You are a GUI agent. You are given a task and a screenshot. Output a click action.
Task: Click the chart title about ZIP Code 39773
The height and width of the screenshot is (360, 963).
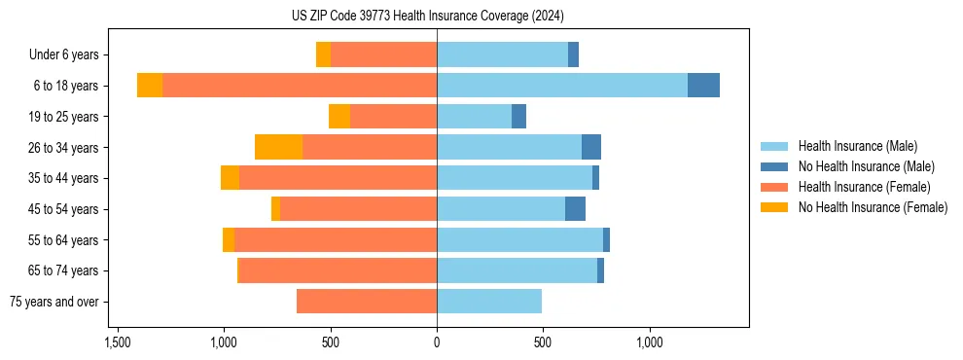427,16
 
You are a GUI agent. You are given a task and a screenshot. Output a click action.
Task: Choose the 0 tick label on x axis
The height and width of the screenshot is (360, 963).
437,342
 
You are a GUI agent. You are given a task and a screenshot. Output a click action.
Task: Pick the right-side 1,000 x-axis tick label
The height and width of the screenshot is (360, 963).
650,342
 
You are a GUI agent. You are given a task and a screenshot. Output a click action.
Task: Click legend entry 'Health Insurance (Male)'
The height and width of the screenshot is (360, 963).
857,146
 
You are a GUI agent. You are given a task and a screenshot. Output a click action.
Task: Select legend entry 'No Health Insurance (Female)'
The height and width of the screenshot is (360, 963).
873,207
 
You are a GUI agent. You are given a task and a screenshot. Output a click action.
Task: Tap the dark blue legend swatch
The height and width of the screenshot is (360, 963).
775,166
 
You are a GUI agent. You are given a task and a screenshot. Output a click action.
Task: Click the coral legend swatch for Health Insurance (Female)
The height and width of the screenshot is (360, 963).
775,187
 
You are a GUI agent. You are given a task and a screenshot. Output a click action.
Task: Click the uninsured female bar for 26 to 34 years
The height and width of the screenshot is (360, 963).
278,147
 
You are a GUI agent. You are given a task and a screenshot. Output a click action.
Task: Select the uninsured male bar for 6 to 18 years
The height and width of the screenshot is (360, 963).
703,86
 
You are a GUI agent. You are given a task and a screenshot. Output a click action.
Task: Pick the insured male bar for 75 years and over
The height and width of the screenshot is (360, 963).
489,302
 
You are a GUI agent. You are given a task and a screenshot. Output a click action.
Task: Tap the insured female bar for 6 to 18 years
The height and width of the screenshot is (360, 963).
300,86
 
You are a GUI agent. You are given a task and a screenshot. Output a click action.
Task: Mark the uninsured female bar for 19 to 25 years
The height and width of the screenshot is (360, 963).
339,117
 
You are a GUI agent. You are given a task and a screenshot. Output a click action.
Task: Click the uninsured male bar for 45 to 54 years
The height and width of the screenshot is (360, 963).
575,209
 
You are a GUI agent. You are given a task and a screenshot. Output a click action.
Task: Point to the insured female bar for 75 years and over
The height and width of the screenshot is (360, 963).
367,302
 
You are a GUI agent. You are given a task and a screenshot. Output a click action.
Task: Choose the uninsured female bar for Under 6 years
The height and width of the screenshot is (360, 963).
323,54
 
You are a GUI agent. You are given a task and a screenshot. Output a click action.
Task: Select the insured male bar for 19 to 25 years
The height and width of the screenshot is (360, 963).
475,117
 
